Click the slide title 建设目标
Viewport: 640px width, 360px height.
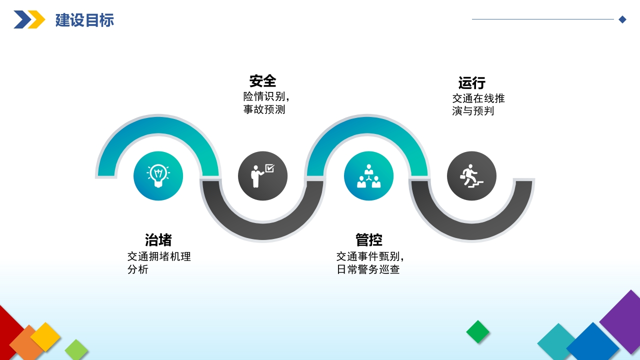tap(84, 20)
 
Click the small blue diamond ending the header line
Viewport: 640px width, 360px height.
tap(622, 19)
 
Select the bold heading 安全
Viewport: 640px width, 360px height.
tap(262, 81)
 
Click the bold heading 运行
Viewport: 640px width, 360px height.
tap(471, 83)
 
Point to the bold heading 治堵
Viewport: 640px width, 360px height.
tap(158, 239)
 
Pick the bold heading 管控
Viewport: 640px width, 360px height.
tap(369, 239)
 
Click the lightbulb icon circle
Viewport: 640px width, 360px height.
tap(158, 175)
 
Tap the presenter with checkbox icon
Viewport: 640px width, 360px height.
tap(262, 175)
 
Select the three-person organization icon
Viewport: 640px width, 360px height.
tap(368, 175)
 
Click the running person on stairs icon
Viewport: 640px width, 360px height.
tap(471, 175)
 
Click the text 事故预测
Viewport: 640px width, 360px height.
tap(264, 109)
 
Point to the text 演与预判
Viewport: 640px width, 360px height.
tap(473, 111)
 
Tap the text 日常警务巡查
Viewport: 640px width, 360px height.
tap(368, 269)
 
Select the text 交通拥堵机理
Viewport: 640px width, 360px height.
tap(159, 256)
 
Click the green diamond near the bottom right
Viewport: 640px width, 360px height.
tap(477, 331)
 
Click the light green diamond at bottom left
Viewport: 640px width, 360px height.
tap(76, 349)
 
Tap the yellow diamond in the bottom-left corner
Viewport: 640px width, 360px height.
tap(45, 337)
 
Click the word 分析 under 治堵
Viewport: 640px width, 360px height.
tap(138, 269)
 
